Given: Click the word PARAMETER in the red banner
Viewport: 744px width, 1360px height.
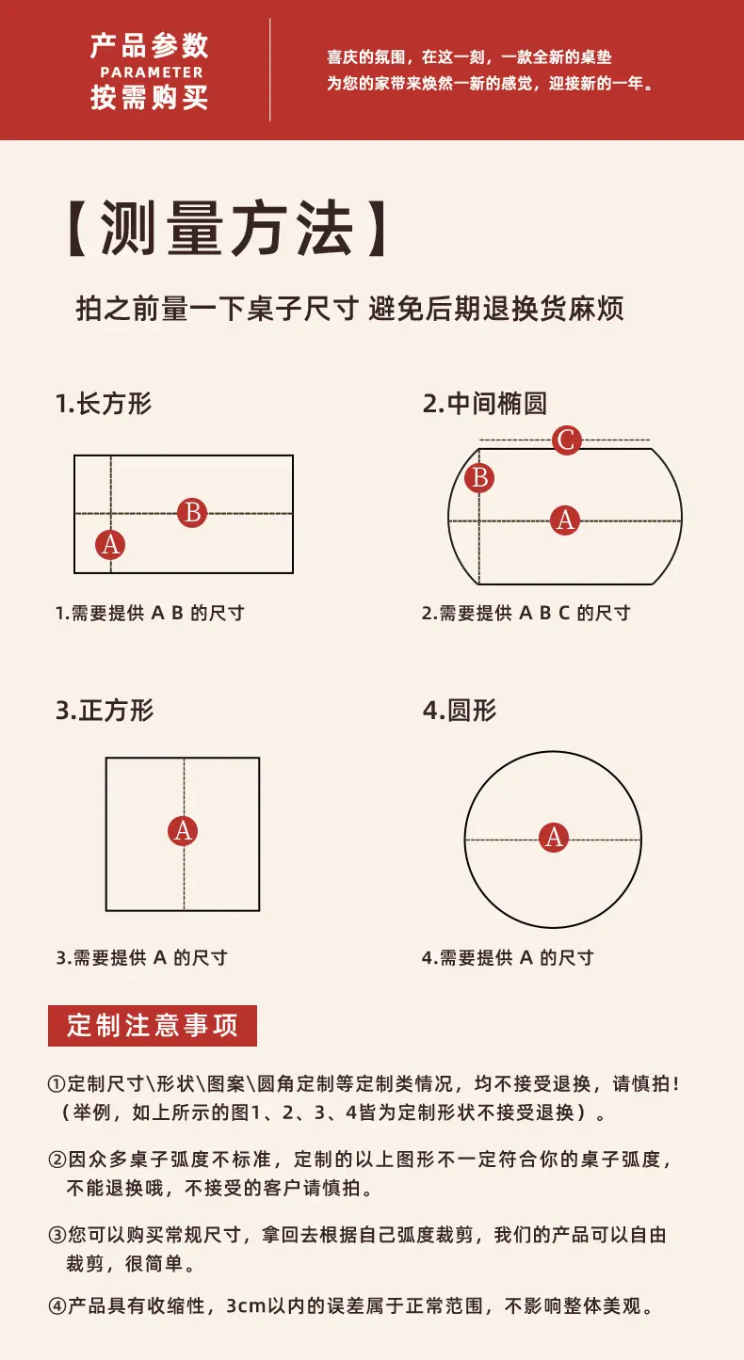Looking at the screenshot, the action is [x=152, y=72].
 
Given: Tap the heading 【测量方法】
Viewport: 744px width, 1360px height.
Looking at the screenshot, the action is [x=227, y=229].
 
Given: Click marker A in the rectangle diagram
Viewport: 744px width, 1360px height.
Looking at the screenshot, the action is [x=110, y=545].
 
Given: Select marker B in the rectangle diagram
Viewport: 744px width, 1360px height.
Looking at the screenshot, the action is [x=192, y=512].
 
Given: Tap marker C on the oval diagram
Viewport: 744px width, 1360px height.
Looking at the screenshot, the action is [x=567, y=440].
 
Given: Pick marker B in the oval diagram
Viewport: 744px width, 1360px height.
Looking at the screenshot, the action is [x=479, y=478].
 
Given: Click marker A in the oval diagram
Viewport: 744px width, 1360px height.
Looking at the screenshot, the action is [x=565, y=520].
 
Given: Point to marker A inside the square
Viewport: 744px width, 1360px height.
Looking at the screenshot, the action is [x=183, y=830].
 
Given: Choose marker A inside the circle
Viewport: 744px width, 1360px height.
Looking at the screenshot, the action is [x=554, y=838].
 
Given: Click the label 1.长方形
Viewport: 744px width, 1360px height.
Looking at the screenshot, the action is [x=104, y=404].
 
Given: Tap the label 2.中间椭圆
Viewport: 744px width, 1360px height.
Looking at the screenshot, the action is [x=485, y=404].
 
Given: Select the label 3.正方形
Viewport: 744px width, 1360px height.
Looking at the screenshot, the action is [x=105, y=711].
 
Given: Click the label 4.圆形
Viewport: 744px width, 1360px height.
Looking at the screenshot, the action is [x=460, y=711].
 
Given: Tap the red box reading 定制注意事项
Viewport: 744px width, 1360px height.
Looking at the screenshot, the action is [x=153, y=1026].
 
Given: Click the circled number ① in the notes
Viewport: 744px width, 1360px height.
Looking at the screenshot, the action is [x=57, y=1083].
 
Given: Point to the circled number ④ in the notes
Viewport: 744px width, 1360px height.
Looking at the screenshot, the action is [x=57, y=1306].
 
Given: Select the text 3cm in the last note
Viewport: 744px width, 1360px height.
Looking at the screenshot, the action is [x=247, y=1306].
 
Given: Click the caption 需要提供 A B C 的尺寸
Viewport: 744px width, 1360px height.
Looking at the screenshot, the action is [x=535, y=614].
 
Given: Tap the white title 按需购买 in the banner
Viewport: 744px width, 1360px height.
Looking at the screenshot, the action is [x=150, y=98].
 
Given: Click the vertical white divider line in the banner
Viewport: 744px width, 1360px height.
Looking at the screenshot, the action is [x=270, y=70].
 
